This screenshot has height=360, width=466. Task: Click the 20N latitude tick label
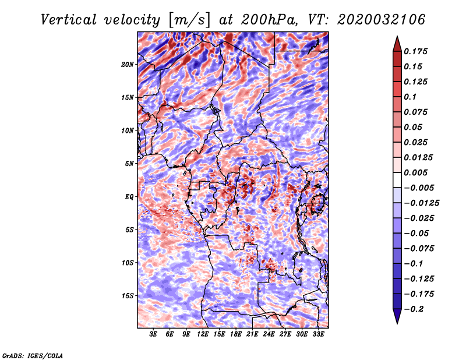click(127, 65)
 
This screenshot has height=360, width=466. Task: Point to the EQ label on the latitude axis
click(129, 197)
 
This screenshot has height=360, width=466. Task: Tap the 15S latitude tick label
click(128, 296)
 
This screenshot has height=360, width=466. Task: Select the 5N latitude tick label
click(129, 164)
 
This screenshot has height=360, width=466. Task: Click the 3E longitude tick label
click(153, 334)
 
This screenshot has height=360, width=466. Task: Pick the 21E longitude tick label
click(252, 334)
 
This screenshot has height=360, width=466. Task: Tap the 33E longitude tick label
click(318, 334)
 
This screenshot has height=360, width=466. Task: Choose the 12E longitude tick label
click(203, 334)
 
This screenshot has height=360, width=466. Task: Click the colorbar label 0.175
click(415, 51)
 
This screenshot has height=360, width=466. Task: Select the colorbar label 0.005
click(415, 172)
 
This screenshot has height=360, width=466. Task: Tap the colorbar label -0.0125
click(421, 203)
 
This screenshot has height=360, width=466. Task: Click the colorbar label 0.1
click(410, 97)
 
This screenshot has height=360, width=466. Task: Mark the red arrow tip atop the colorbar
click(397, 36)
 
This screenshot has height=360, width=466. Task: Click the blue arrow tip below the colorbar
click(397, 323)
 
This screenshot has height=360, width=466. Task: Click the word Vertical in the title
click(69, 20)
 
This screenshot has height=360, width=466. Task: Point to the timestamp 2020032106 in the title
click(381, 20)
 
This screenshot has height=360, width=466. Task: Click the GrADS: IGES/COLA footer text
click(33, 355)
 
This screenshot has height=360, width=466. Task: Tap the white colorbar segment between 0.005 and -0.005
click(397, 180)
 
